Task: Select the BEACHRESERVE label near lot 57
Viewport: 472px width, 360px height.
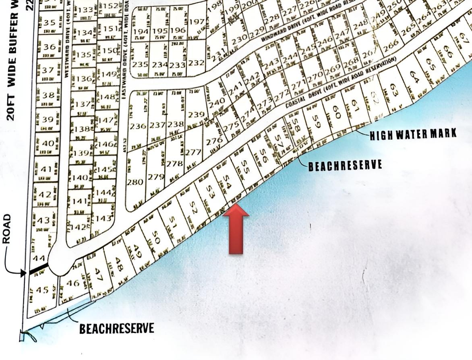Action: (345, 166)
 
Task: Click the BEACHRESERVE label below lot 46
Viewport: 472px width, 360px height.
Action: (116, 328)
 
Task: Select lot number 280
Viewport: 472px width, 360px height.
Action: (135, 182)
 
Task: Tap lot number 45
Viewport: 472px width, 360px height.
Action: (42, 290)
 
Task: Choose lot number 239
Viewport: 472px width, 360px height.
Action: (196, 115)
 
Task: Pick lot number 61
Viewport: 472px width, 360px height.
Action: (355, 107)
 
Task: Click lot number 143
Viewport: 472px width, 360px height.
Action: (104, 219)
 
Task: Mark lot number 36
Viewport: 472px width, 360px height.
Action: (49, 47)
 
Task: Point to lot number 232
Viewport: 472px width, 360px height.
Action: (196, 63)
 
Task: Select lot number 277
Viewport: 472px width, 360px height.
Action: (193, 152)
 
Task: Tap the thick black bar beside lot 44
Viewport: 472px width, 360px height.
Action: (38, 269)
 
